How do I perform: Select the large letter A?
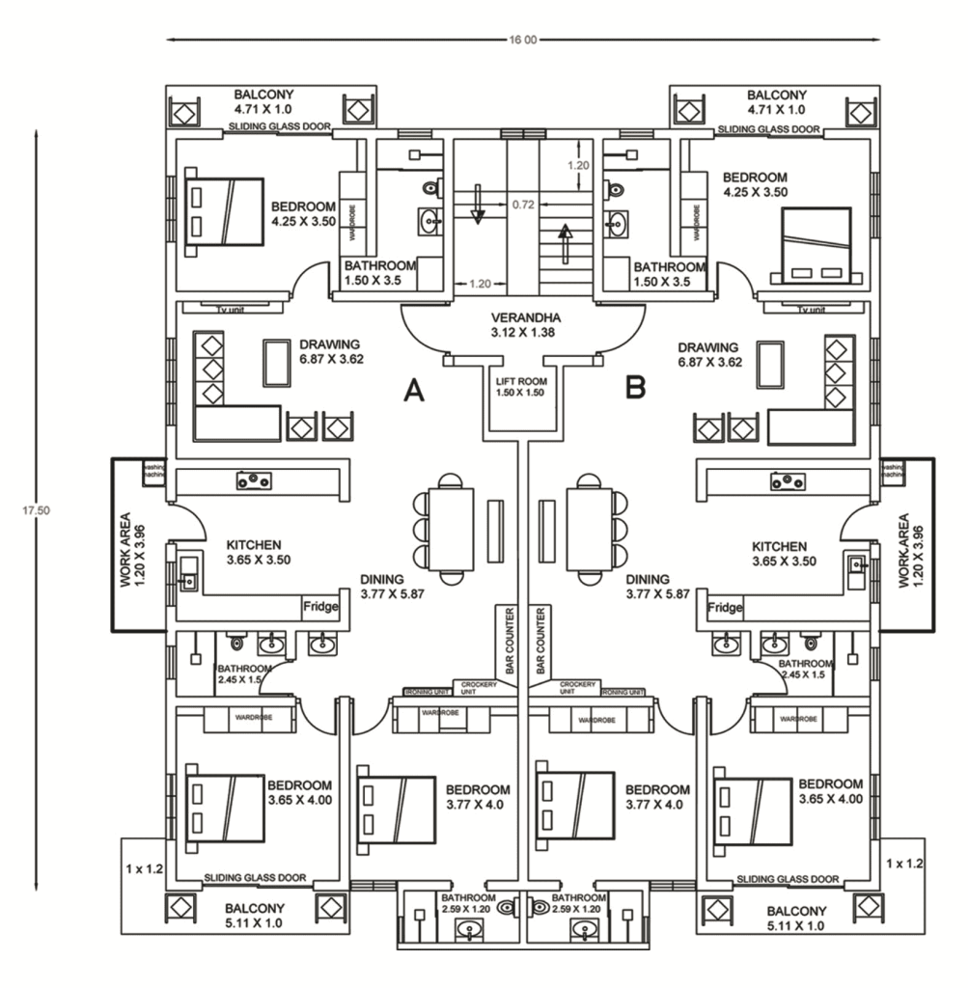(x=414, y=390)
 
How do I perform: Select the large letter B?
(x=636, y=389)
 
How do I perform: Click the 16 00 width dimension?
(x=523, y=41)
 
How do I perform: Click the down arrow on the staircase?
(x=477, y=205)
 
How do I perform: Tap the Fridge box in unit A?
(x=320, y=608)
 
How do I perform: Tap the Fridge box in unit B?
(x=725, y=608)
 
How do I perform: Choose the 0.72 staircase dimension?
(x=523, y=205)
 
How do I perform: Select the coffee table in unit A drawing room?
(x=278, y=363)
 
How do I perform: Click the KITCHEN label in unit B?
(x=780, y=547)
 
